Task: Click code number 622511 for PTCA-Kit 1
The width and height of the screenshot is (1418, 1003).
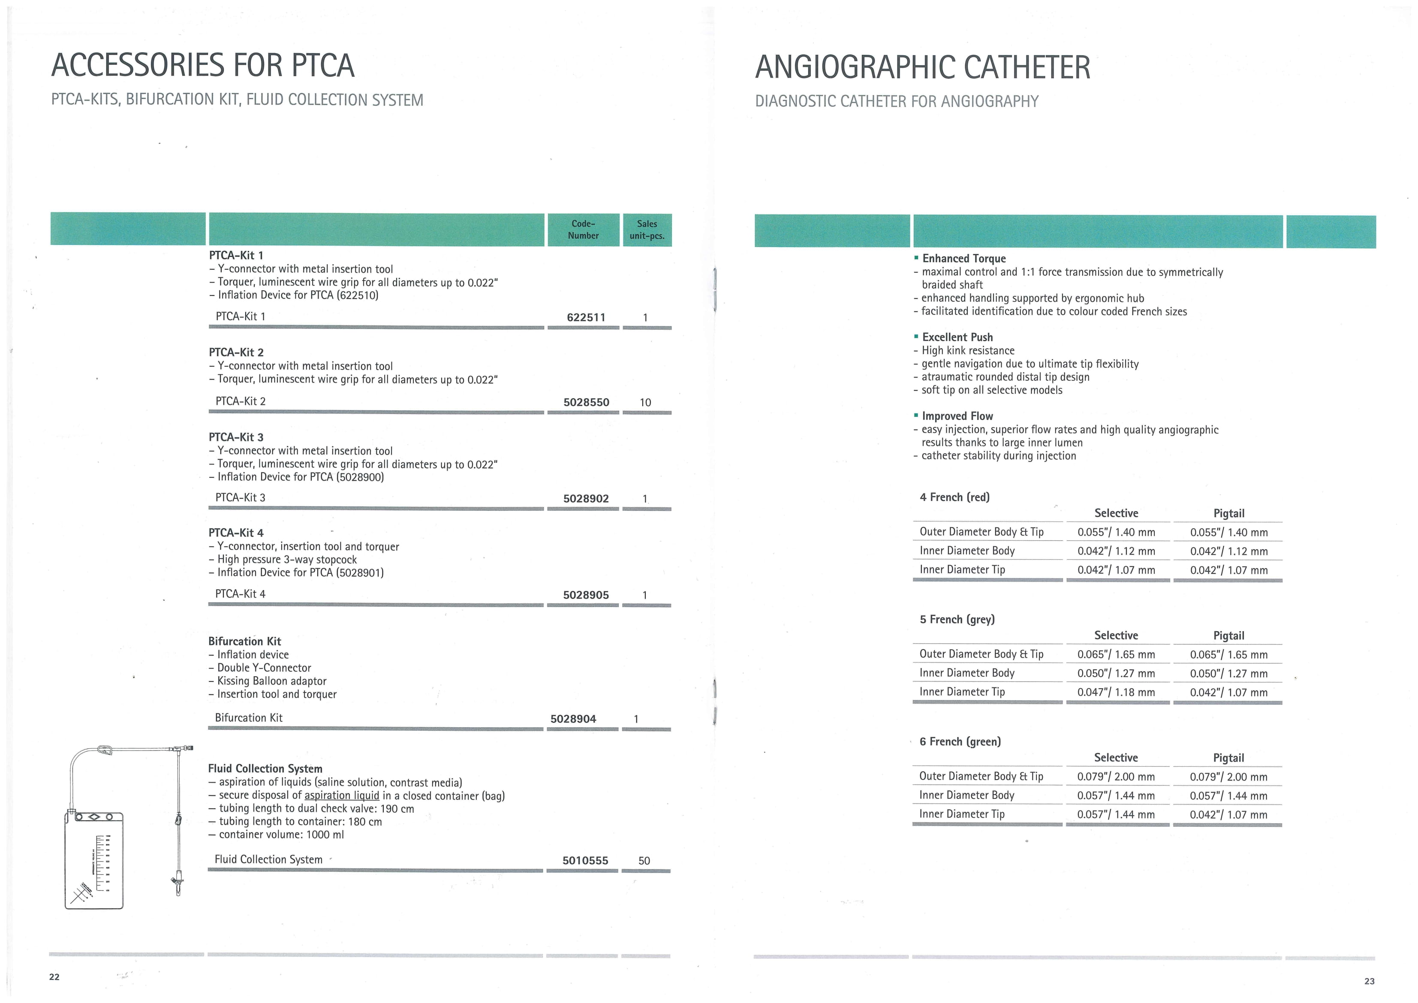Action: [585, 317]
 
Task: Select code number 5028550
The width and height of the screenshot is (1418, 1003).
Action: [585, 403]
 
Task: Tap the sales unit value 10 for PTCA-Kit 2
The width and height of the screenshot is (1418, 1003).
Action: [645, 403]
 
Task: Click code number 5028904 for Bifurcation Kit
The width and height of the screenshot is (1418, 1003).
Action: [573, 719]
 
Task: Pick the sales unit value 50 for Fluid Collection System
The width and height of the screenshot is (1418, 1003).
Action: [644, 860]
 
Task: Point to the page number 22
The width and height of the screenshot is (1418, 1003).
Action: [54, 976]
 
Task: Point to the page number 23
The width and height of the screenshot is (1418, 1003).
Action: [1369, 981]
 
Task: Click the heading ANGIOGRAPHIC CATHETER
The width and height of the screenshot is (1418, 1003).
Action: [922, 67]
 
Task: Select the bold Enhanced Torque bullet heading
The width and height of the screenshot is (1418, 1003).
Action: [963, 259]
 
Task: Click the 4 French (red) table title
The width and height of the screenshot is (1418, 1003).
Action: [954, 497]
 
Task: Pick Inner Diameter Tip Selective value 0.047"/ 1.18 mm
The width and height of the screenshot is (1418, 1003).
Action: [1115, 693]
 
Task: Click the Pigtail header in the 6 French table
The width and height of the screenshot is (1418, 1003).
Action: [1228, 758]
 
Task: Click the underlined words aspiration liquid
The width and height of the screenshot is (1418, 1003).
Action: [342, 795]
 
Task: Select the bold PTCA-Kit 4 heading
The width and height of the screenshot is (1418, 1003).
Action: [236, 533]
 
